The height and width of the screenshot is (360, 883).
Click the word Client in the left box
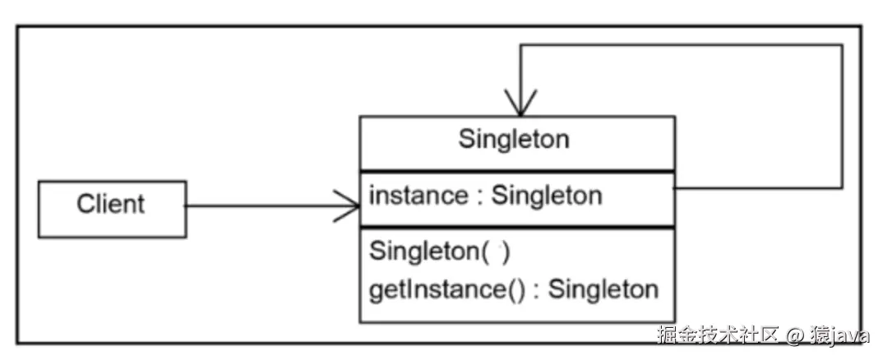pyautogui.click(x=111, y=204)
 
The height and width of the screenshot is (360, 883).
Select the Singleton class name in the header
pyautogui.click(x=513, y=139)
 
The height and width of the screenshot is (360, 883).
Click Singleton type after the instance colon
pyautogui.click(x=547, y=196)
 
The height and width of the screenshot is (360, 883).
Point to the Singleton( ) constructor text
pyautogui.click(x=440, y=252)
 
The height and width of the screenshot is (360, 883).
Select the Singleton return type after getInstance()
pyautogui.click(x=603, y=289)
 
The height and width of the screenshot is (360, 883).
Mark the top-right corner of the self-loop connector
pyautogui.click(x=842, y=45)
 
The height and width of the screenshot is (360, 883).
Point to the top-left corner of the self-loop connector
pyautogui.click(x=520, y=45)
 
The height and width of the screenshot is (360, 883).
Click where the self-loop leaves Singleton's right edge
pyautogui.click(x=676, y=188)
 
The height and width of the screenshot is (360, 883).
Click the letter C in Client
pyautogui.click(x=85, y=204)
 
